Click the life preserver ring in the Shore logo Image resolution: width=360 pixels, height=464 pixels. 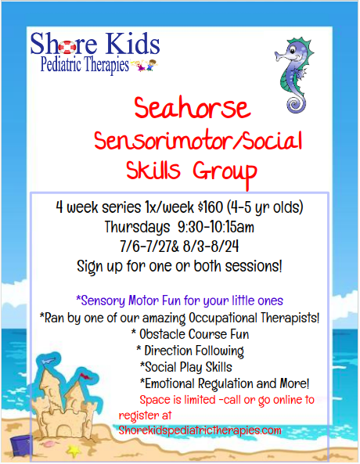(67, 47)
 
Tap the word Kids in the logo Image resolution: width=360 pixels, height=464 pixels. (133, 43)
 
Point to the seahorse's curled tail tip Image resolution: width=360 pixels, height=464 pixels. (295, 104)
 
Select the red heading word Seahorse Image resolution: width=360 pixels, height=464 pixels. (193, 107)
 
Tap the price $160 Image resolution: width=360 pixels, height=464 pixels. (211, 207)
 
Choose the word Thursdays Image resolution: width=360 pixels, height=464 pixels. (138, 227)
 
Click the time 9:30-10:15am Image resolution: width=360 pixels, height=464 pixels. (216, 227)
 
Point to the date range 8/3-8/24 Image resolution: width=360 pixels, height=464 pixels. (211, 246)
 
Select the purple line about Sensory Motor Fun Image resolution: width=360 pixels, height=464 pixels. (180, 300)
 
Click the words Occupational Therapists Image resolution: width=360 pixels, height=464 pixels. (254, 318)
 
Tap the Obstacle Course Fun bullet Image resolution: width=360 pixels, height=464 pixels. (190, 334)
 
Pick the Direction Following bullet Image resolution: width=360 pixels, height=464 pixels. (190, 351)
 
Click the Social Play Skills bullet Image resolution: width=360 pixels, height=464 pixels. (186, 367)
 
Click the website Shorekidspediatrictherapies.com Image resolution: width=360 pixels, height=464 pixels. (200, 430)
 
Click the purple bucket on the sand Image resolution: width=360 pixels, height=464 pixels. (21, 446)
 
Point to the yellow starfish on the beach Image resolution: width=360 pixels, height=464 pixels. (74, 451)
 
